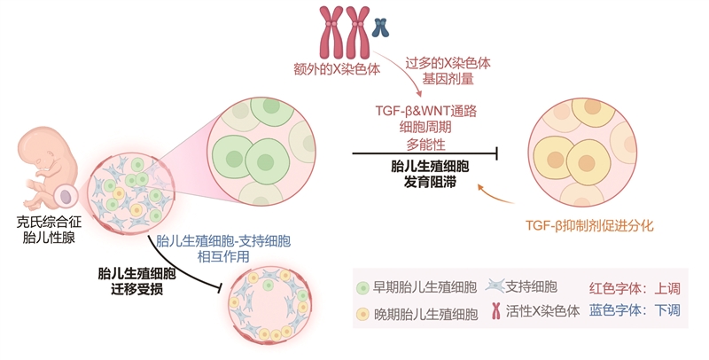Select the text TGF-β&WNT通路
[427, 111]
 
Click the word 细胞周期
[426, 127]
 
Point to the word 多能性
[426, 143]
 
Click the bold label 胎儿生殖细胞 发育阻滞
[426, 173]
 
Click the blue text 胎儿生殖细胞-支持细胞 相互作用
[222, 247]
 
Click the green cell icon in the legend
[362, 288]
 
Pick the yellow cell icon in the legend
[362, 314]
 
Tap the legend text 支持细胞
[532, 287]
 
